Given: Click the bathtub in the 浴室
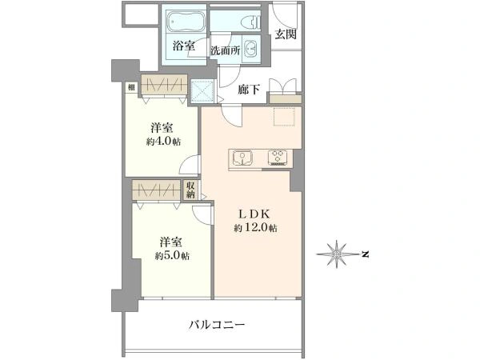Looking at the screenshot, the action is pos(183,22).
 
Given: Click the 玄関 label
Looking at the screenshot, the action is pos(286,34).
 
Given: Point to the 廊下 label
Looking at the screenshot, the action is pos(249,90).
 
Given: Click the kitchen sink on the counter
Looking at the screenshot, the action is pos(242,158).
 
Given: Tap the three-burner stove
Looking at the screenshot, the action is pos(278,158).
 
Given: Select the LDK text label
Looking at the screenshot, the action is pos(254,214).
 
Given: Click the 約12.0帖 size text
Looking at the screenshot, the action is pos(256,228).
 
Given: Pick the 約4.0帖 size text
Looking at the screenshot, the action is pos(163,142).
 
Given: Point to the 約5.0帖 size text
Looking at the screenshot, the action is pos(172,256).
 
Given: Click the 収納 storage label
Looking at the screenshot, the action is pos(190,190).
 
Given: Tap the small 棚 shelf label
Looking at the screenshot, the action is pos(131,87).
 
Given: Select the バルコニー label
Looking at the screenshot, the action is pos(217,325).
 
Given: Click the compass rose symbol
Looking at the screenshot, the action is pos(337,254).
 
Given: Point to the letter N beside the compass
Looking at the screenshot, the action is pos(365,254).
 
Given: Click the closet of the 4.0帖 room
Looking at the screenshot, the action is pos(164,84).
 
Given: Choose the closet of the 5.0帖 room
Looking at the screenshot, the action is pos(156,190).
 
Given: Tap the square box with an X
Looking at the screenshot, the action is pos(202,91).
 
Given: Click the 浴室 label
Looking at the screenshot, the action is pos(184,46).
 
